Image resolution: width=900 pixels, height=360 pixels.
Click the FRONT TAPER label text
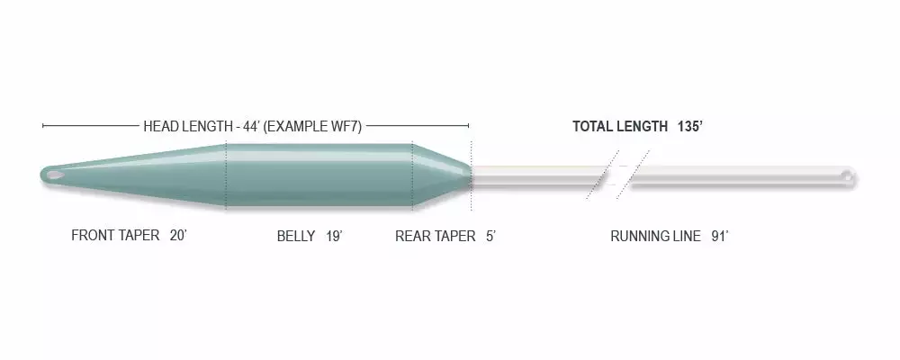(x=115, y=236)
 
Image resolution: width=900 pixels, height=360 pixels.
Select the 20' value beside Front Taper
(x=178, y=236)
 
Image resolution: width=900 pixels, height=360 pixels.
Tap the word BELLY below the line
(x=296, y=236)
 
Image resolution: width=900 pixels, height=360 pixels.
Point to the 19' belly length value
(x=334, y=236)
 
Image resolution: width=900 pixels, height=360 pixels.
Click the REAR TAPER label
(x=435, y=236)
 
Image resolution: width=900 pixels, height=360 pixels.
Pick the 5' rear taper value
(x=490, y=236)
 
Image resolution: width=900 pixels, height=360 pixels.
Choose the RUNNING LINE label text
(x=655, y=236)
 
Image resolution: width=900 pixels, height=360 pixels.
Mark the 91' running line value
(x=720, y=236)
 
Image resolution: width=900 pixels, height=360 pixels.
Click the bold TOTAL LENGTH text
(x=620, y=126)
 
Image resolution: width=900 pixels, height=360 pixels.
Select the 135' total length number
(x=690, y=126)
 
